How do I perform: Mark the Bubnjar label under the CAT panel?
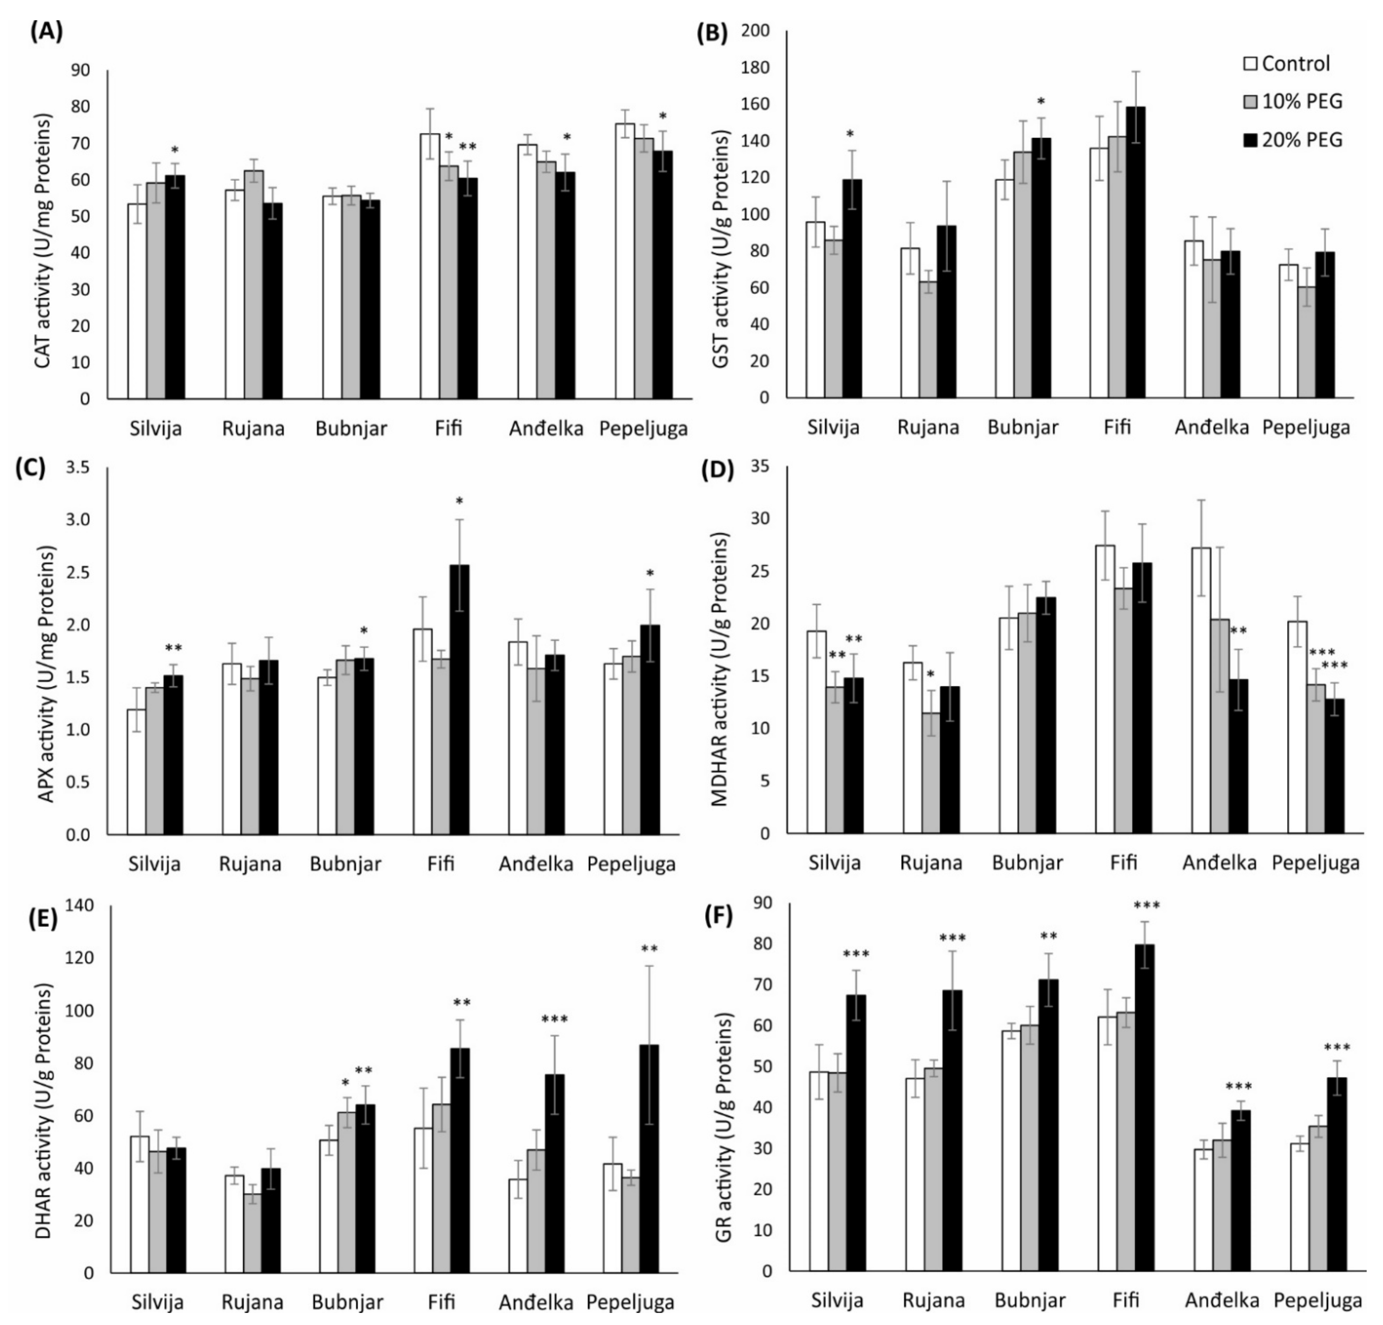(351, 428)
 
